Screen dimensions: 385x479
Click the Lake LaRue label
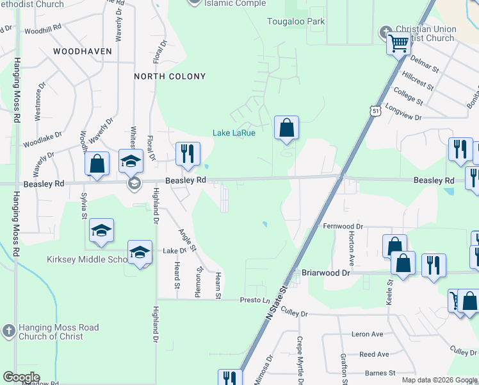234,133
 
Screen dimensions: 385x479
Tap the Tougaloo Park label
296,21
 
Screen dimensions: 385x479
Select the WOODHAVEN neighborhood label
83,51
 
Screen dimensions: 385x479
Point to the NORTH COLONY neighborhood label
170,76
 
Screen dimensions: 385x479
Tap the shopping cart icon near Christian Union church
398,44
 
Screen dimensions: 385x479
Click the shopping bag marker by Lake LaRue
286,127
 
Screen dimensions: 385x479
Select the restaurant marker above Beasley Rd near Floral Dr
188,153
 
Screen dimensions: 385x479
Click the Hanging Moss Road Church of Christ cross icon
8,330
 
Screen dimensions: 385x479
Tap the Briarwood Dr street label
327,273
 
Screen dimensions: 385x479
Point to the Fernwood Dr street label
343,227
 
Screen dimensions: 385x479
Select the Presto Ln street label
254,300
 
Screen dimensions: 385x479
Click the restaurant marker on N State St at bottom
229,379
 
